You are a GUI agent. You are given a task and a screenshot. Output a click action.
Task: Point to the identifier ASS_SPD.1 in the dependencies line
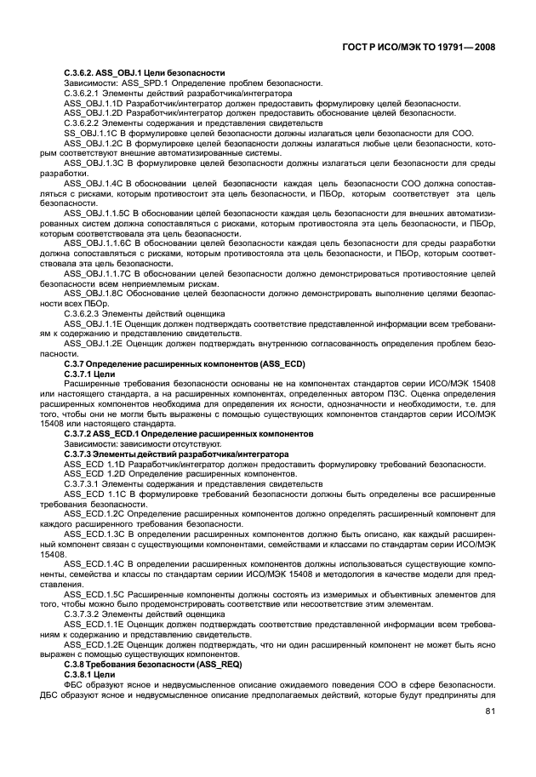[144, 83]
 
